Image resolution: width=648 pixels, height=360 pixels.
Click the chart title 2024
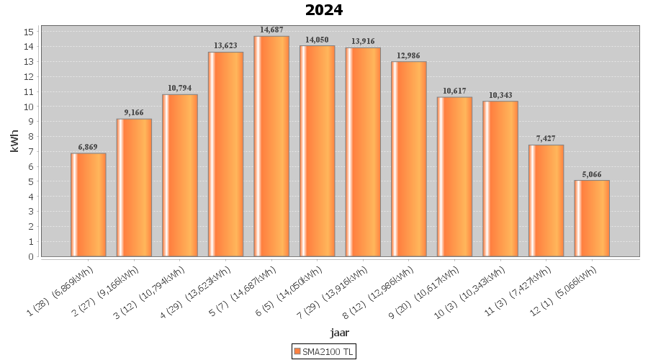coord(324,10)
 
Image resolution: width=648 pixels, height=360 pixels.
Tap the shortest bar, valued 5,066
coord(592,218)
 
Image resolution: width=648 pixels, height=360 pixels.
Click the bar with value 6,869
coord(89,204)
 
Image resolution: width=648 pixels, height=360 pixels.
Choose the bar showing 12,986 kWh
coord(409,158)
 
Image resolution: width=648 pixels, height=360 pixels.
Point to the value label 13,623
coord(226,45)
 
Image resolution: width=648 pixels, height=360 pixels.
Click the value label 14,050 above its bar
coord(318,40)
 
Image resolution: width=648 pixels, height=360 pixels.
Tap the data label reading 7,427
coord(546,138)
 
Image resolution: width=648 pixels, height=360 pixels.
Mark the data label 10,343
coord(500,95)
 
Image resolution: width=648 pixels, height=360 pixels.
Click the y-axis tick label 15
coord(30,32)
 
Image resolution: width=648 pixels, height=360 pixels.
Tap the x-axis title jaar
coord(340,332)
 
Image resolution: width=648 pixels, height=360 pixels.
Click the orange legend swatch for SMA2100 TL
coord(297,351)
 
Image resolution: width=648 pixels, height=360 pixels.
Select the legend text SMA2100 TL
coord(328,351)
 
